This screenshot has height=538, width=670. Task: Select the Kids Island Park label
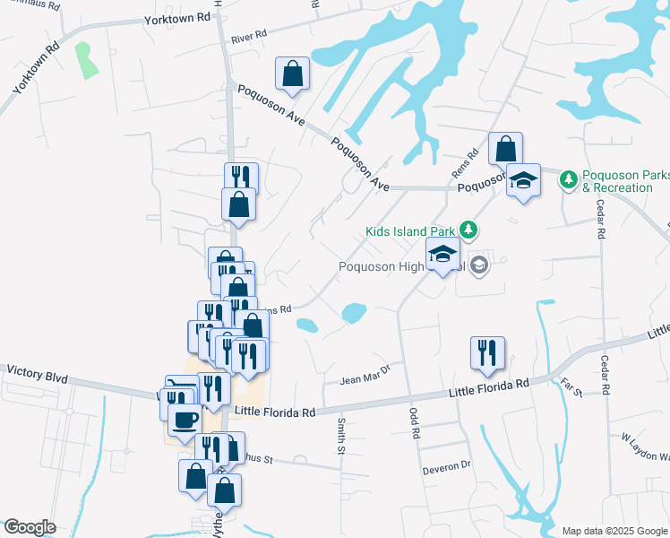coord(410,231)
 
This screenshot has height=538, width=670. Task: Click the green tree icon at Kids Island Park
coord(466,230)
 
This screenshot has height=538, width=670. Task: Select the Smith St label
coord(341,435)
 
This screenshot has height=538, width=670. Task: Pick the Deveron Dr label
coord(446,467)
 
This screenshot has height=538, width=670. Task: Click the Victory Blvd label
coord(37,370)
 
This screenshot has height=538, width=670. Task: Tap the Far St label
coord(571,388)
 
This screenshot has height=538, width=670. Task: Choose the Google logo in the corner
coord(30,527)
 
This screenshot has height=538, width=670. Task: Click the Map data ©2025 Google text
coord(614,531)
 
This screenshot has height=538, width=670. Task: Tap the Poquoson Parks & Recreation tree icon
coord(567,180)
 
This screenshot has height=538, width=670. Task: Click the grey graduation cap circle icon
coord(479,264)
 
